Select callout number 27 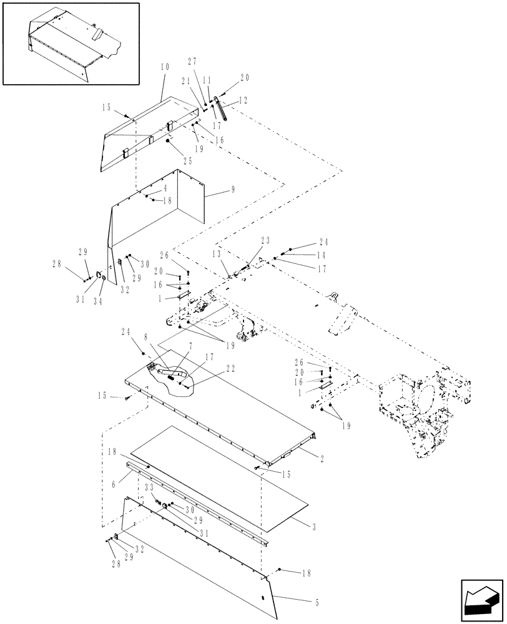(192, 61)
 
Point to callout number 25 (188, 160)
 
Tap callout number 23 (265, 240)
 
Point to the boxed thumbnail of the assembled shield (70, 43)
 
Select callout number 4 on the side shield (165, 188)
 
